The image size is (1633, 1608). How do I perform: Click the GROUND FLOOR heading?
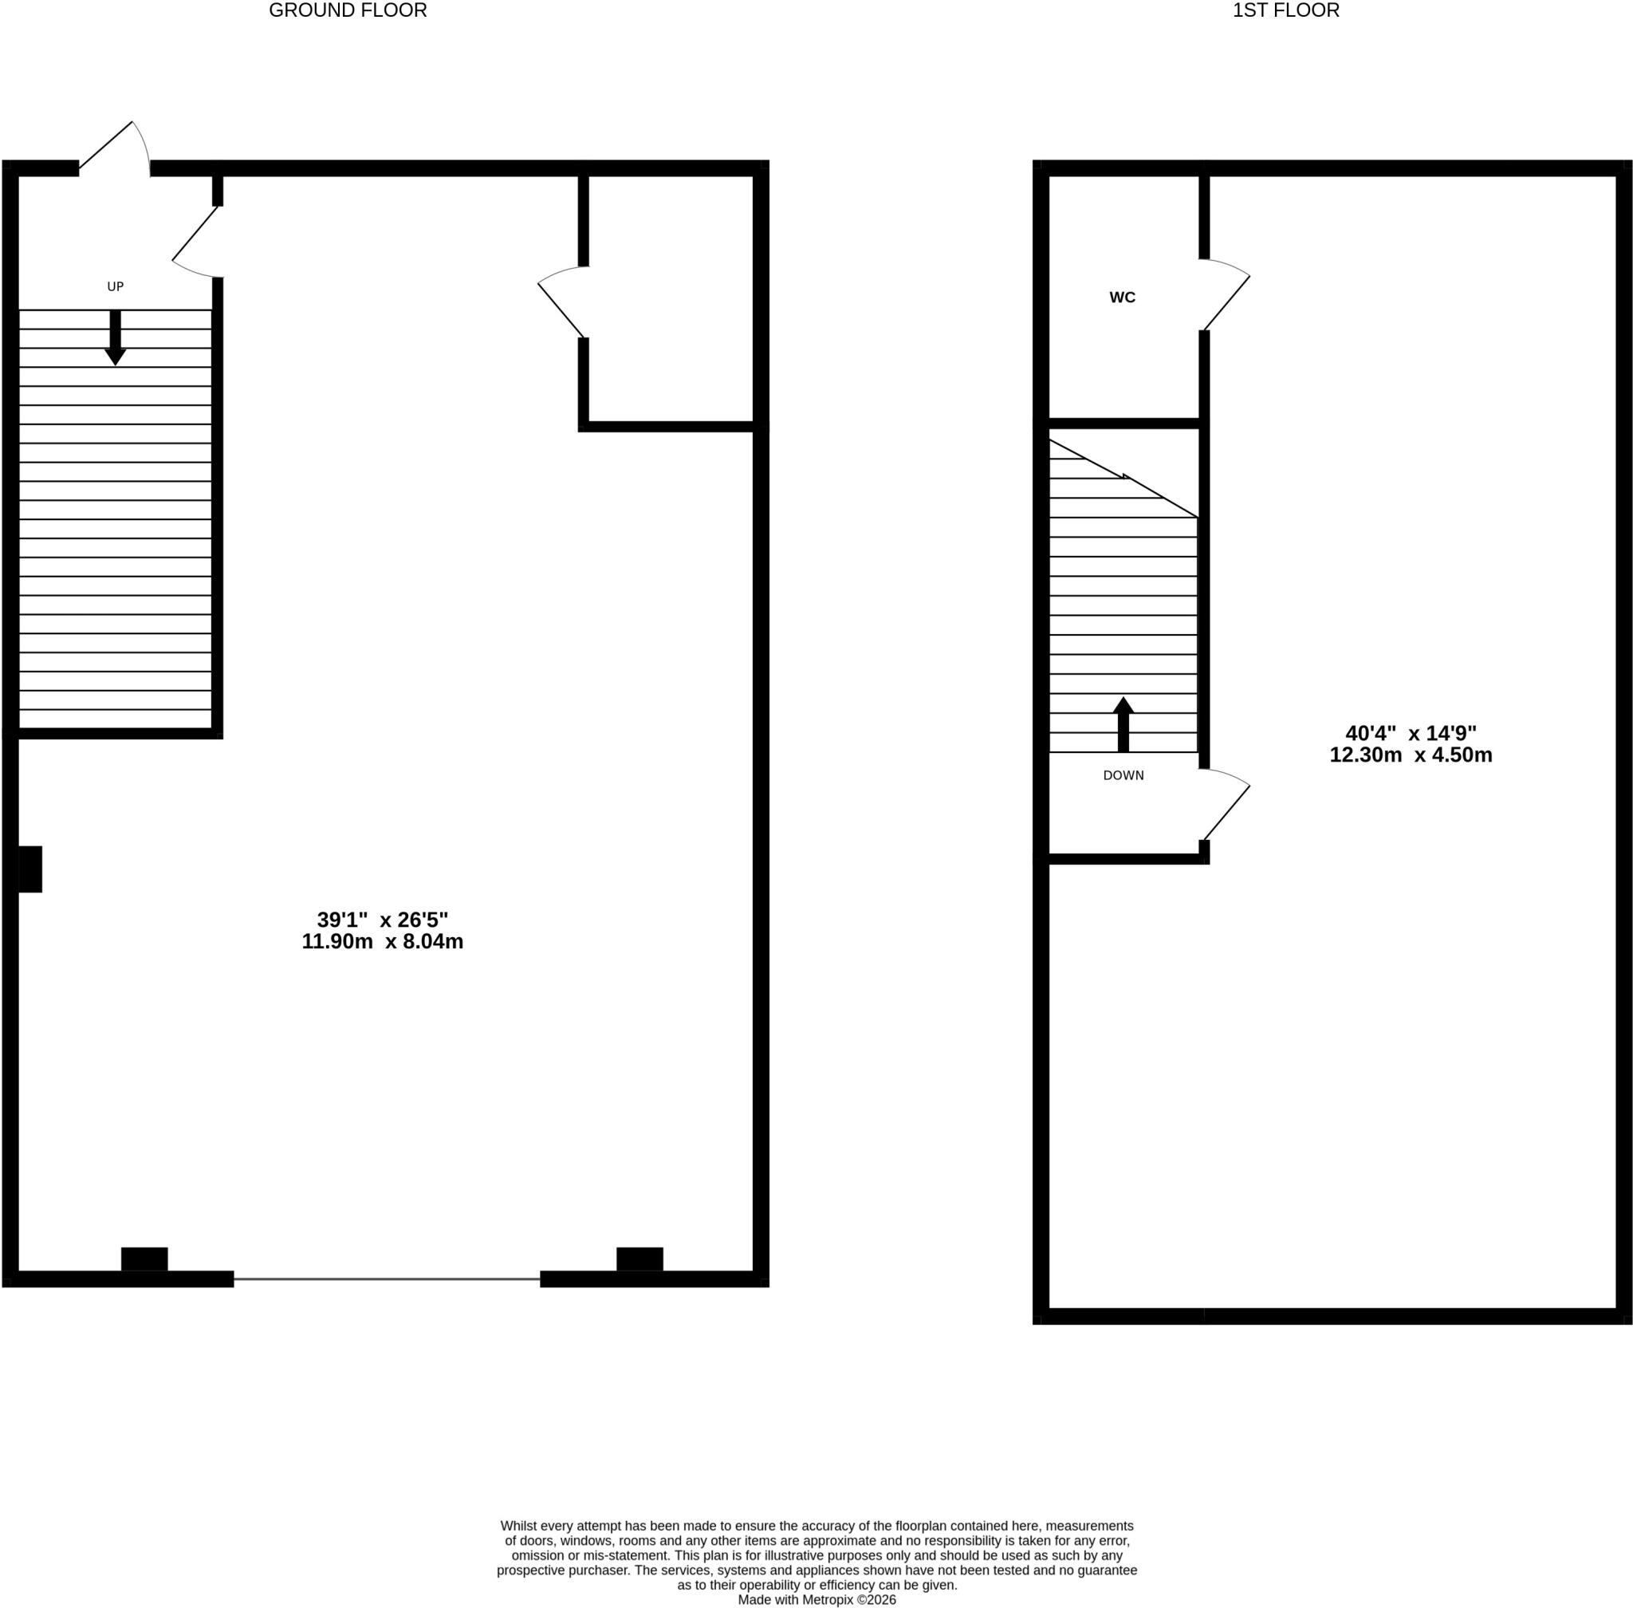(348, 11)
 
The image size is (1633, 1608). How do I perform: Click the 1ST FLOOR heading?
(1286, 11)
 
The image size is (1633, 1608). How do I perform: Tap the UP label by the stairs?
(116, 286)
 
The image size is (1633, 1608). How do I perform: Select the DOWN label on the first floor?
(1123, 775)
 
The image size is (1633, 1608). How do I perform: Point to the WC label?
(1122, 298)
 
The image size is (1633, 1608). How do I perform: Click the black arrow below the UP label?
(116, 338)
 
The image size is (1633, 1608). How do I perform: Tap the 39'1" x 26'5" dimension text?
(383, 920)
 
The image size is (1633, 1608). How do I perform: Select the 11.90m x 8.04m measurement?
(383, 942)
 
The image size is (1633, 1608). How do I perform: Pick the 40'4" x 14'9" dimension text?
(1411, 733)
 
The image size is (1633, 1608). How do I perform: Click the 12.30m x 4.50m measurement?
(1411, 755)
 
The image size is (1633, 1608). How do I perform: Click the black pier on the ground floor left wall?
(30, 869)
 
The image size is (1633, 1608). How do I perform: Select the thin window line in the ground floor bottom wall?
(387, 1279)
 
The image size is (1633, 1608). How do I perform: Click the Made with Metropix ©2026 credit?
(816, 1599)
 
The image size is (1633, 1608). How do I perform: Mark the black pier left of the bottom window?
(144, 1259)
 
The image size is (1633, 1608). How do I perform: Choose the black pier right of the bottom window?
(639, 1259)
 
